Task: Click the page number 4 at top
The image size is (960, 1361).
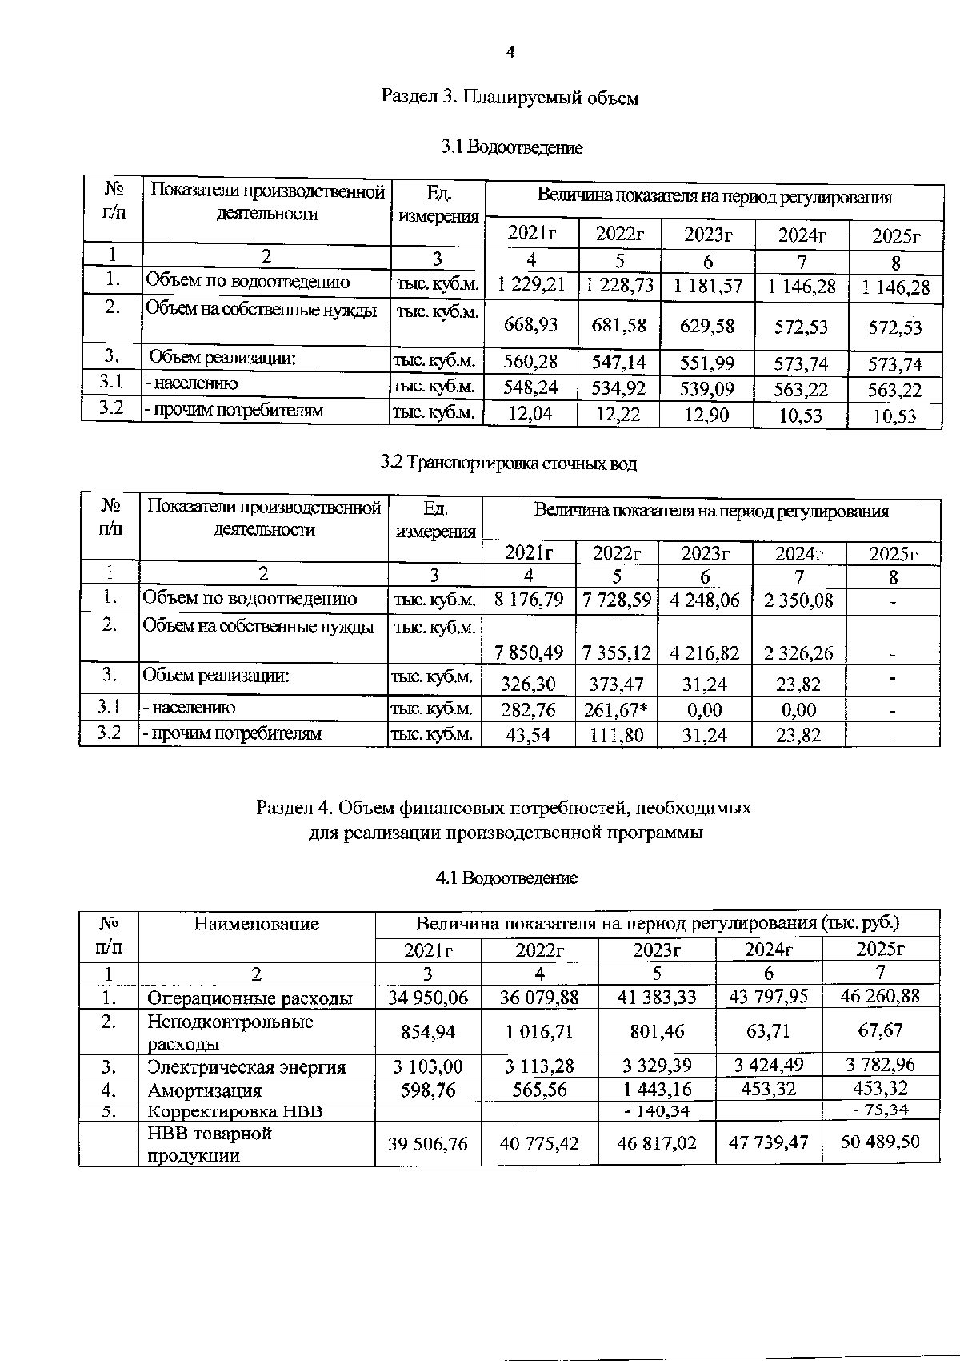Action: point(510,53)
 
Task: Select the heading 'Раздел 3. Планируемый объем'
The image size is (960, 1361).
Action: point(510,98)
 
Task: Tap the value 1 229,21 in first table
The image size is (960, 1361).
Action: point(531,285)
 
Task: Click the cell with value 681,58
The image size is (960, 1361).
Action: point(618,325)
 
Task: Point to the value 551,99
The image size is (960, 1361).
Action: point(706,363)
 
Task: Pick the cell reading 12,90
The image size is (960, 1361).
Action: point(706,416)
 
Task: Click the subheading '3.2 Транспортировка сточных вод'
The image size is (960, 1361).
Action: point(509,464)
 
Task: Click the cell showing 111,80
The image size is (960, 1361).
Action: point(616,735)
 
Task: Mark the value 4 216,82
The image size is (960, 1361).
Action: point(704,653)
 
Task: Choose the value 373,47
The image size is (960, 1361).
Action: point(616,684)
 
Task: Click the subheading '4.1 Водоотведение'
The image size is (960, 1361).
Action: point(506,878)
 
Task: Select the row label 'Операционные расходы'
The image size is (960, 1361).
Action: point(250,998)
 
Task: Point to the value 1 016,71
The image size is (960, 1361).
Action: point(539,1031)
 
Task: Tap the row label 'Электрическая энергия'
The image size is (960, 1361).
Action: point(246,1067)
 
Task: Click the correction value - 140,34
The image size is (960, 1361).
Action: point(657,1111)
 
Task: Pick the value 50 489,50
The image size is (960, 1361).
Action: point(880,1142)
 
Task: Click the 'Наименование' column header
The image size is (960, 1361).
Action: point(256,925)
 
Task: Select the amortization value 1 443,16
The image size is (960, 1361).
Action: point(657,1090)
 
